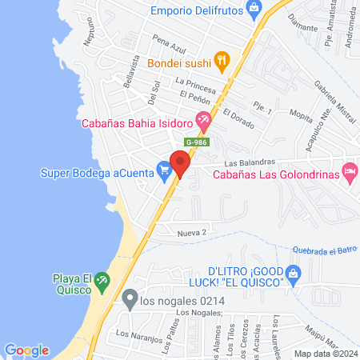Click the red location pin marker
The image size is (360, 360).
[180, 165]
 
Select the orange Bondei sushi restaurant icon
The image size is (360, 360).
[222, 60]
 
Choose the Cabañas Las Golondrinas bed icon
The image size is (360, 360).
[350, 171]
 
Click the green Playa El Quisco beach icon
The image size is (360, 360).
[102, 281]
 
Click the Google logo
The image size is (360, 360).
[26, 350]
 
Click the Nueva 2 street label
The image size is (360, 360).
[192, 232]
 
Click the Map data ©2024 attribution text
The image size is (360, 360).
[326, 353]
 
